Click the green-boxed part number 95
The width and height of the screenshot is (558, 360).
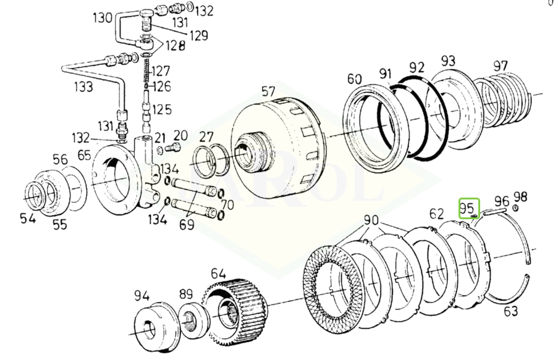[467, 207]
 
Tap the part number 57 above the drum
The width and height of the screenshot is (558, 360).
[268, 91]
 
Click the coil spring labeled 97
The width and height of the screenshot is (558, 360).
[505, 98]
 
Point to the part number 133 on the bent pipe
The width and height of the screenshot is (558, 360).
[83, 87]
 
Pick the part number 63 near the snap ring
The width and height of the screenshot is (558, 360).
[510, 311]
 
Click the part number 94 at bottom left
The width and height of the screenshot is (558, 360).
[142, 296]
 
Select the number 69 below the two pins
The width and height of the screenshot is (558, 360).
[187, 225]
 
